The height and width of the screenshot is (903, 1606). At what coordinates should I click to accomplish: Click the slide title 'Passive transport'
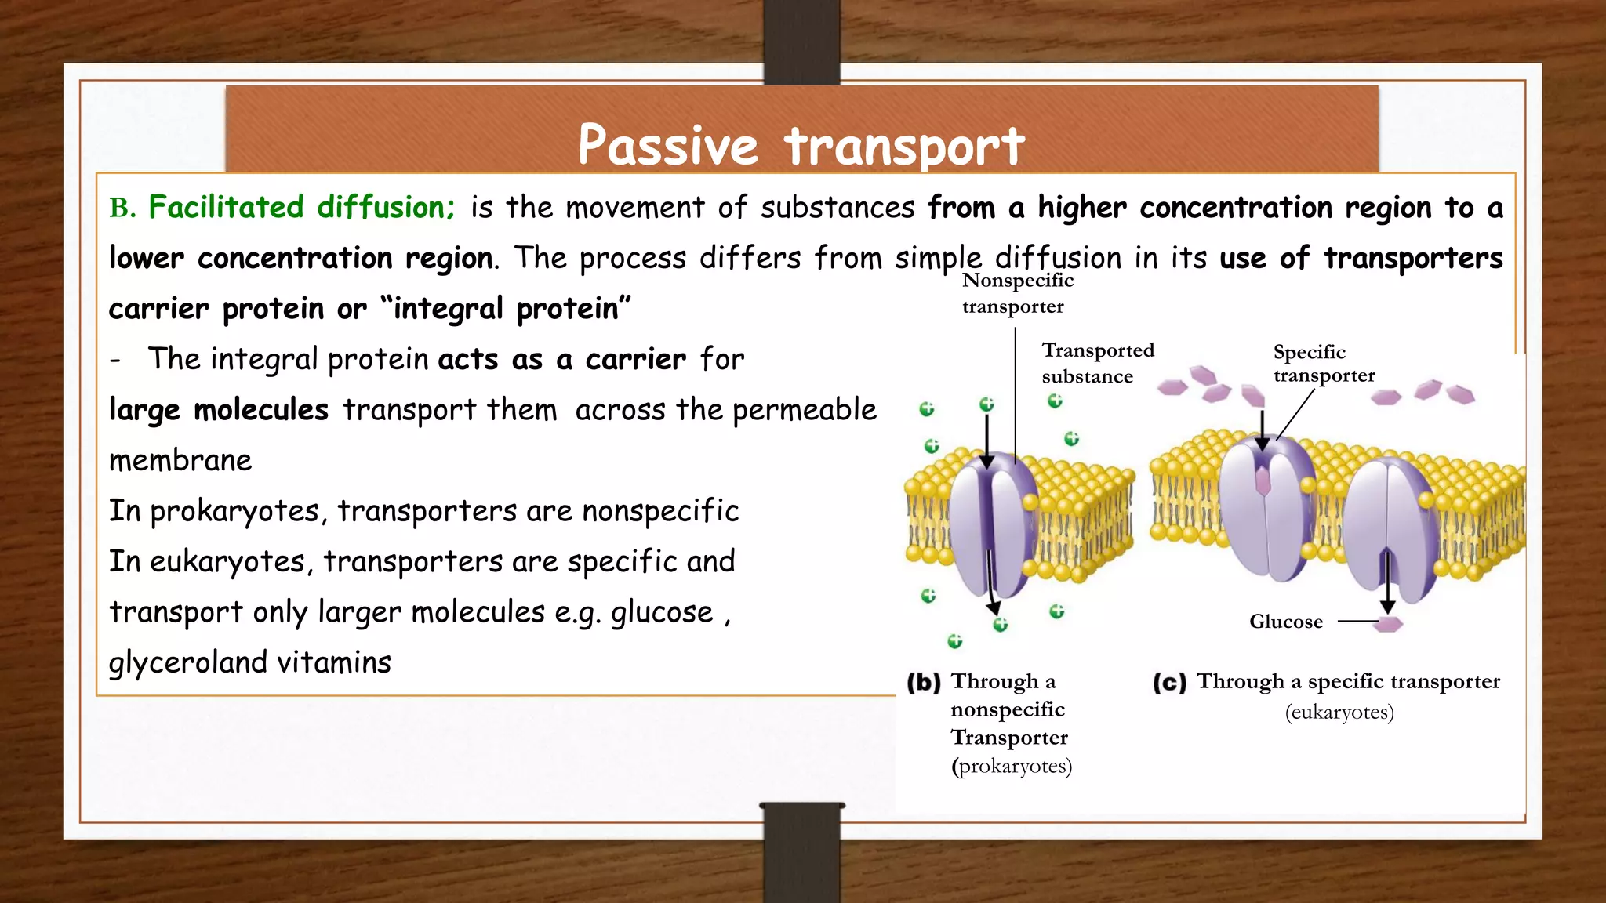coord(801,146)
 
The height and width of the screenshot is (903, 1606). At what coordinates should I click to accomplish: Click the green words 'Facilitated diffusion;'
coord(302,208)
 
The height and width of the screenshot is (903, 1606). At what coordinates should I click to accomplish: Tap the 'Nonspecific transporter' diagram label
coord(1017,293)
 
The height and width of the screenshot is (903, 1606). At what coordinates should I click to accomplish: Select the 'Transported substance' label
coord(1097,363)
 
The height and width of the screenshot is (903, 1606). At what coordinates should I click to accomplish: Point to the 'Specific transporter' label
coord(1323,363)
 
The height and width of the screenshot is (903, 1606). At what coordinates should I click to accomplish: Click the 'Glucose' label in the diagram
coord(1285,622)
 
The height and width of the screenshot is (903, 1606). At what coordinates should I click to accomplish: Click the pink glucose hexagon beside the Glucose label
coord(1389,624)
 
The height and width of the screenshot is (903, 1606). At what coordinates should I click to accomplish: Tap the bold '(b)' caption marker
coord(923,683)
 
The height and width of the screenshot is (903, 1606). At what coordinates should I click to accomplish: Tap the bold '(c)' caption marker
coord(1169,683)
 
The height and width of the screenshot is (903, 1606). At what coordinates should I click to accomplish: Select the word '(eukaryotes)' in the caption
coord(1339,713)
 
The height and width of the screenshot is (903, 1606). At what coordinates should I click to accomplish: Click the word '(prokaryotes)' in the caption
coord(1012,766)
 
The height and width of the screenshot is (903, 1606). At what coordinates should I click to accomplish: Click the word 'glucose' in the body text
coord(661,612)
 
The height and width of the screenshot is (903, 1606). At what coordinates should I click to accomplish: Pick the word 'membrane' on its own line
coord(180,461)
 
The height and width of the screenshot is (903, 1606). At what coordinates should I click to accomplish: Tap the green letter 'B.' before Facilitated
coord(122,209)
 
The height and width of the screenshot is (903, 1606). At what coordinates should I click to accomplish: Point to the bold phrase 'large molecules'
coord(218,410)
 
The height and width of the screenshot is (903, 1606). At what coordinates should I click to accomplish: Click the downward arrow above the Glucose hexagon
coord(1387,584)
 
